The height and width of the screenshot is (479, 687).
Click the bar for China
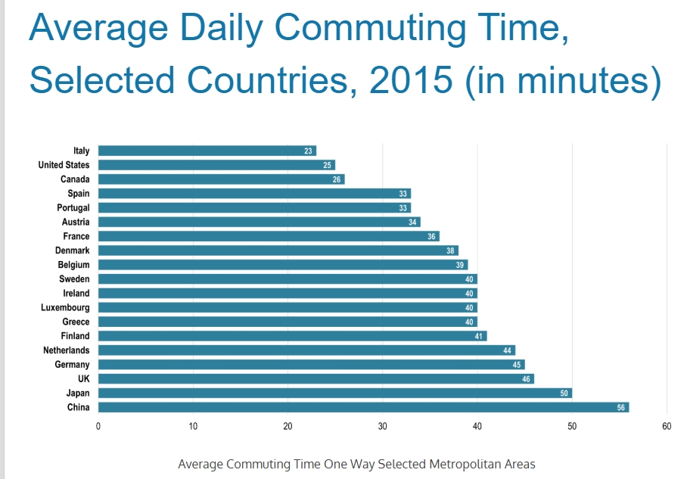[x=363, y=407]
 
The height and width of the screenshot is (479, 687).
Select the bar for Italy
[x=207, y=151]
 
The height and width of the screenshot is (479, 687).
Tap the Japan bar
[x=334, y=393]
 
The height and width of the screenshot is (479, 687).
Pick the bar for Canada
[x=221, y=179]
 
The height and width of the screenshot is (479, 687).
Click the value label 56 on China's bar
[x=621, y=407]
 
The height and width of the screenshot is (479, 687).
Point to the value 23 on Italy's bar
[x=309, y=151]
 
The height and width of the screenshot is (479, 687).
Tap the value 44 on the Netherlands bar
[x=508, y=350]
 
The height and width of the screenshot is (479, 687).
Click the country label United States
[x=64, y=165]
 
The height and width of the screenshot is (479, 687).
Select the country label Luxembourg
[x=65, y=307]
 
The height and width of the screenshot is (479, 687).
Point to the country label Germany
[x=72, y=365]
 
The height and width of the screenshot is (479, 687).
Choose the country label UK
[x=83, y=378]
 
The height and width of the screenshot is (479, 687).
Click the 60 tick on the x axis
[x=667, y=426]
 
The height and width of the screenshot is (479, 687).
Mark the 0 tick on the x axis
[x=98, y=426]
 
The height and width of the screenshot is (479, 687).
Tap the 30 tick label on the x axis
[x=383, y=426]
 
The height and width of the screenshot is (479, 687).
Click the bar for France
[x=269, y=236]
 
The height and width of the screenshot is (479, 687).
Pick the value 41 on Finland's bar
[x=479, y=336]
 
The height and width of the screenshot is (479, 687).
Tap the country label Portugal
[x=73, y=207]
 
